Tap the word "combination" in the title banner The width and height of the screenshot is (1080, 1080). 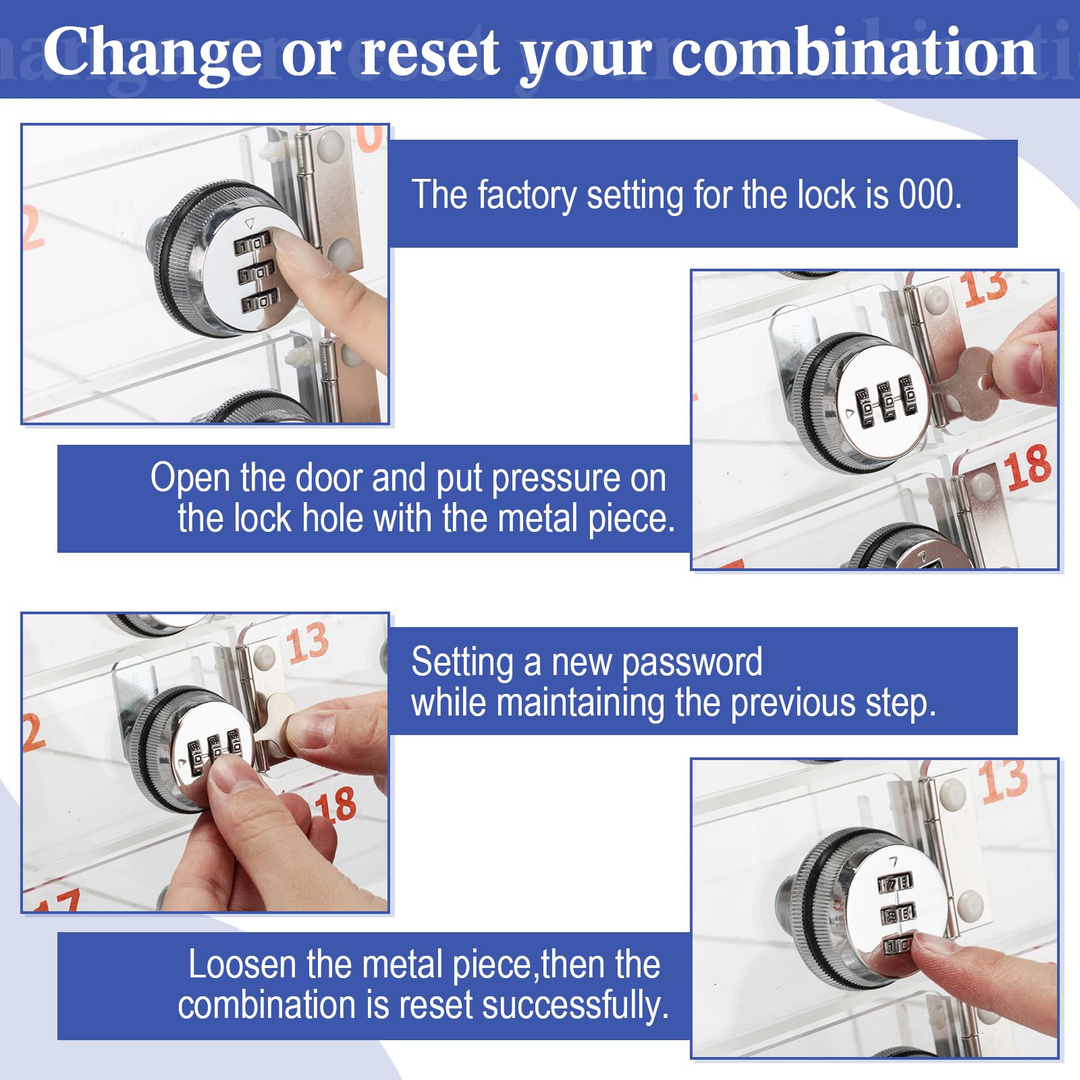click(854, 51)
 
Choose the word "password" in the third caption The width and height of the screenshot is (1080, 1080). click(692, 663)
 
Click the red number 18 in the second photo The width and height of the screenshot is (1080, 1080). click(1027, 467)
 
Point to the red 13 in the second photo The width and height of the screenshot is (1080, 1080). click(986, 288)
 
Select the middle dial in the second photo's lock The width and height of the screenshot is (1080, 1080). click(887, 403)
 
